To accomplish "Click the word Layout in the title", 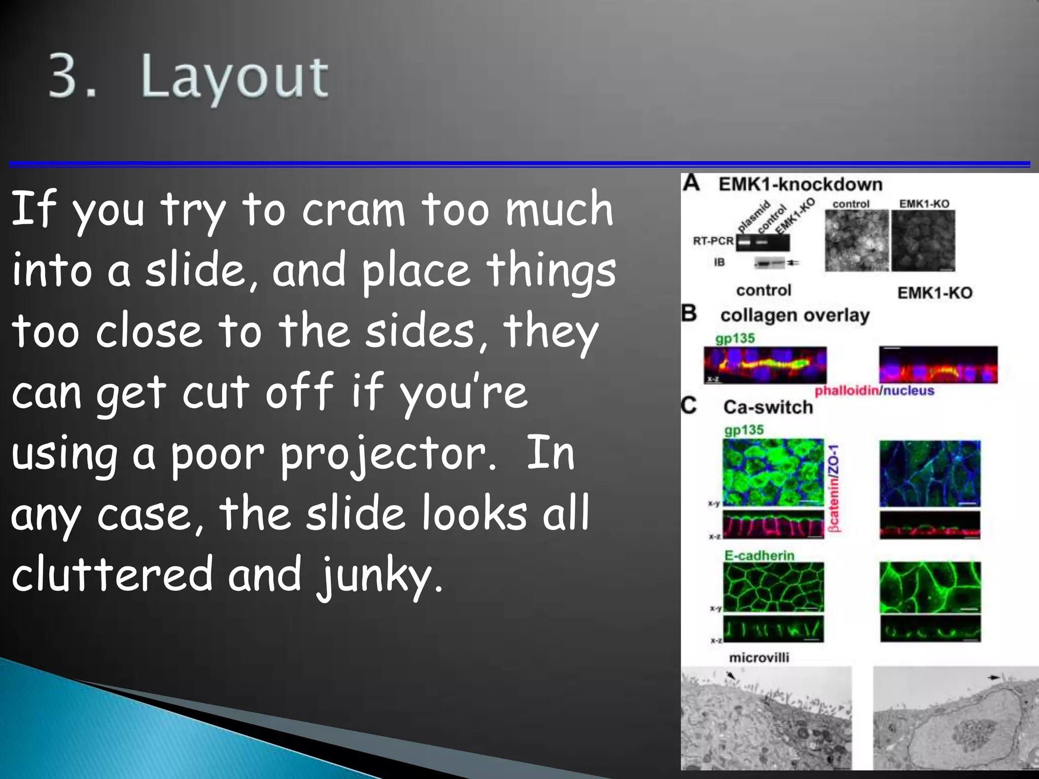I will [234, 77].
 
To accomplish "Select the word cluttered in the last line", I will [112, 575].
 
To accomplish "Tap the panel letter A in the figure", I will [691, 183].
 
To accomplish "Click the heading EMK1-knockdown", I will [800, 184].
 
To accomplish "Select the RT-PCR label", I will [713, 241].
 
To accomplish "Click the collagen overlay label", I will [794, 315].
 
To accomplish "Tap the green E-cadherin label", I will [758, 555].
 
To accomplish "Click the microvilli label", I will [759, 658].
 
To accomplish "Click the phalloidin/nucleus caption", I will [874, 391].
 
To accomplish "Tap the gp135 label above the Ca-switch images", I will [744, 430].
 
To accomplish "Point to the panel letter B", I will [689, 313].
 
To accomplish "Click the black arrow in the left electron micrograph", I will [731, 676].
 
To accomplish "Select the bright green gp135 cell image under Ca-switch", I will [773, 472].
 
